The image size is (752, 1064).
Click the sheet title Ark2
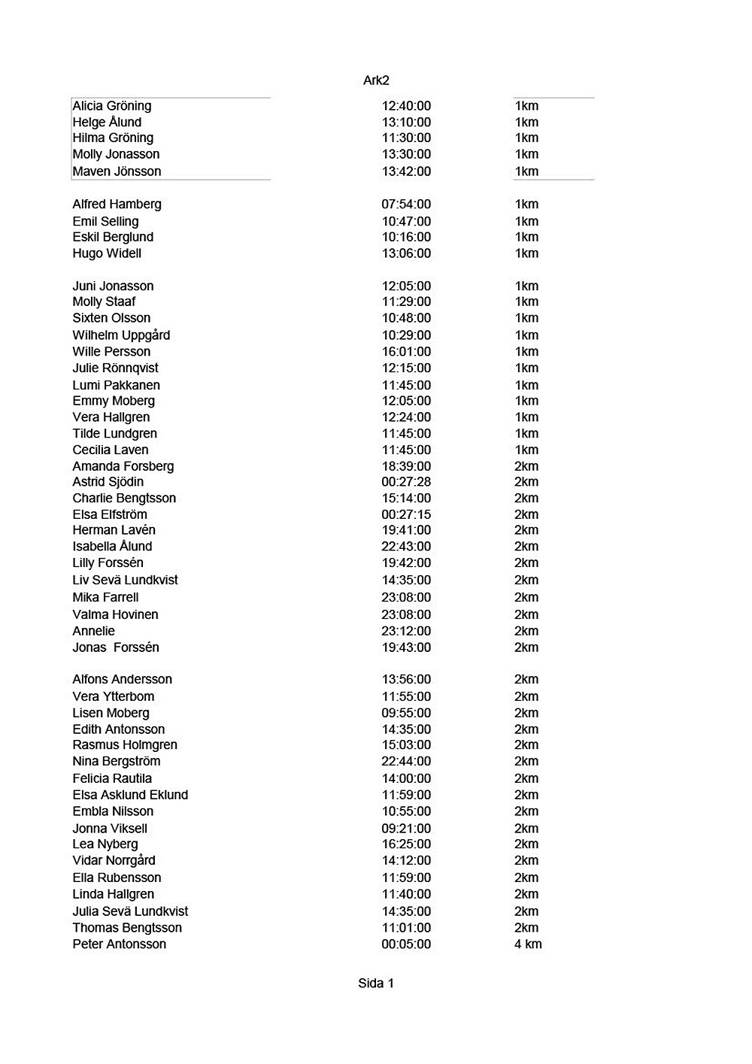point(376,80)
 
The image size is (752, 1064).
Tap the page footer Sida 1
point(376,984)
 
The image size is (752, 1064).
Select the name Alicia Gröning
point(112,106)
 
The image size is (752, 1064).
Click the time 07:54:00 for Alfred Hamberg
point(406,205)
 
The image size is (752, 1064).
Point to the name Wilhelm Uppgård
point(121,335)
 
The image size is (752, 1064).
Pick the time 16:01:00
point(406,352)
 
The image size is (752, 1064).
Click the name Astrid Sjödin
point(108,482)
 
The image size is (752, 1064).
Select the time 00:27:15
point(406,515)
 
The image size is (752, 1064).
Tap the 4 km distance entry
point(528,944)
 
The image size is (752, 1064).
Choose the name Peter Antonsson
point(119,944)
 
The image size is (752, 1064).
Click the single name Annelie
point(94,631)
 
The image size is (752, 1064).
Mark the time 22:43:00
point(406,547)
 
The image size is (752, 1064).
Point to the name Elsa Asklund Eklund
point(130,795)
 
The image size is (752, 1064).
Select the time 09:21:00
point(406,829)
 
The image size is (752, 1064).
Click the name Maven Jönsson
point(117,171)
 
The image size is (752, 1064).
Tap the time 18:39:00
point(406,466)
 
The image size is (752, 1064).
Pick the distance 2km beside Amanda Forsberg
point(526,466)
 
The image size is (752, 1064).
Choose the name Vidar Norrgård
point(114,860)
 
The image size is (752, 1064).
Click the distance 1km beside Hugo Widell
point(526,253)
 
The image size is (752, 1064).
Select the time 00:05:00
point(406,944)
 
